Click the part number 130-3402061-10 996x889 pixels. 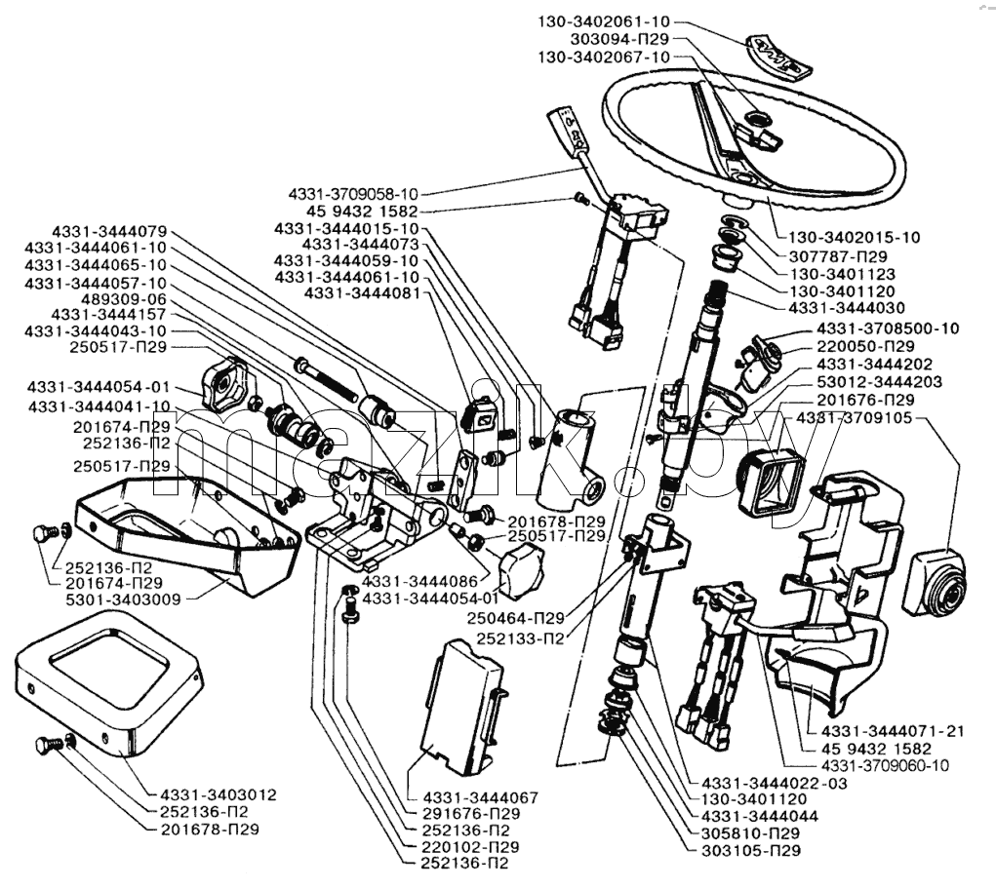[x=595, y=21]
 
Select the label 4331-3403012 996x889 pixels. [x=218, y=794]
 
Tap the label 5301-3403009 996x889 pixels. [x=123, y=599]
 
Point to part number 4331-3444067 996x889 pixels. [x=480, y=797]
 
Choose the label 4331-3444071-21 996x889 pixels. [x=893, y=731]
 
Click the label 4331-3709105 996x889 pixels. [x=854, y=417]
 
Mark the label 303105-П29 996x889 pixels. [x=751, y=850]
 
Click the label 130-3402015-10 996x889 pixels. [x=855, y=237]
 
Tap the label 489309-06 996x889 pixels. [x=124, y=298]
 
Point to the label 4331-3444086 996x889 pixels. [x=419, y=581]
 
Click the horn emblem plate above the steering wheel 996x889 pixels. [x=778, y=56]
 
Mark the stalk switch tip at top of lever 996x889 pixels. [x=569, y=126]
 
